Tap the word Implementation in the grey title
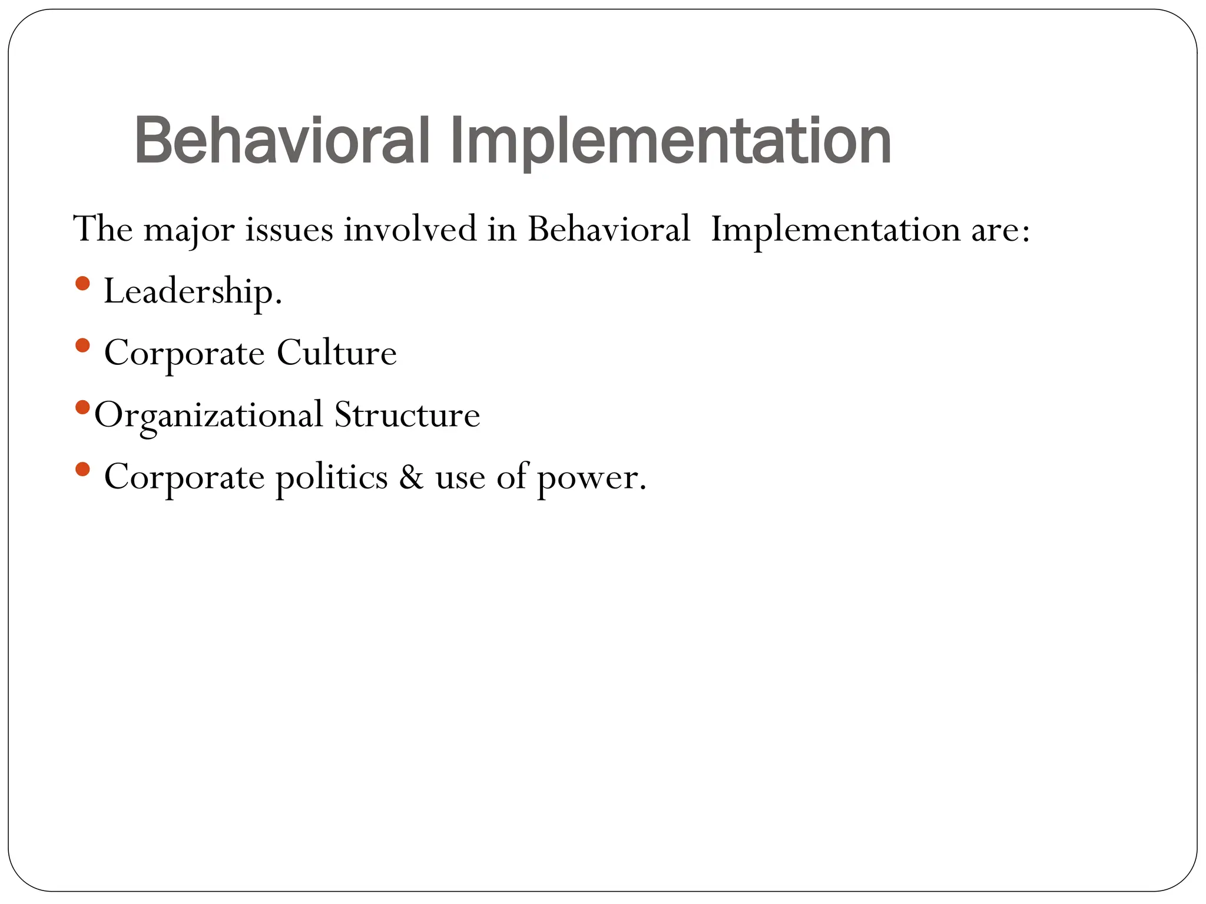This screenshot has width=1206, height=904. click(671, 142)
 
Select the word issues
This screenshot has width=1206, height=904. click(289, 230)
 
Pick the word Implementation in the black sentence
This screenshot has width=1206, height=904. click(835, 230)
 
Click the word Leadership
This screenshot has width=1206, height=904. click(193, 291)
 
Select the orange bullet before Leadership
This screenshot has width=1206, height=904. click(83, 284)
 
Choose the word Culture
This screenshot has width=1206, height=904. click(337, 353)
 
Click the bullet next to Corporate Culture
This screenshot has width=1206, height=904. click(83, 345)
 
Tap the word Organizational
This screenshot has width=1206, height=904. click(209, 416)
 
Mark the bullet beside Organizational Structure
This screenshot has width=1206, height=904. click(83, 407)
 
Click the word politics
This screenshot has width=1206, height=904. click(332, 477)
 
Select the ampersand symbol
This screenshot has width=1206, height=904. click(411, 477)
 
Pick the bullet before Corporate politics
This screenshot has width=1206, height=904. click(83, 469)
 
